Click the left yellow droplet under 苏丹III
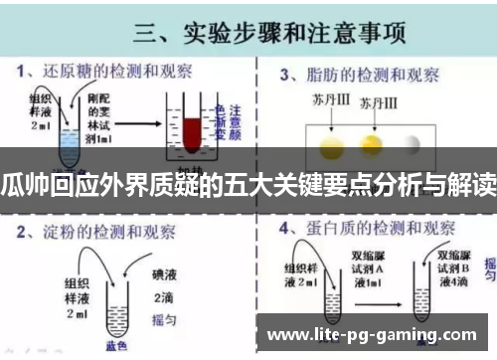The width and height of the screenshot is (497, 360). point(332,146)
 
